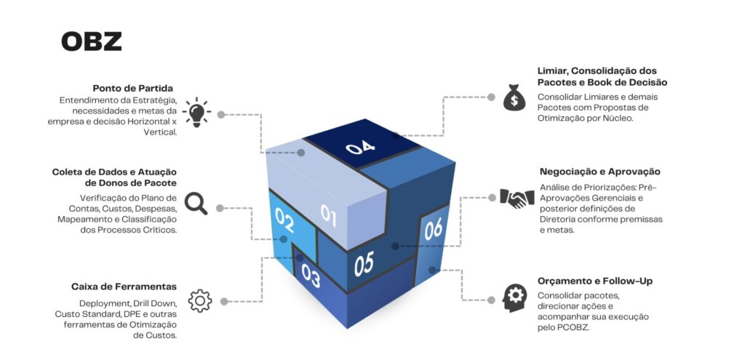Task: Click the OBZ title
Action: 91,41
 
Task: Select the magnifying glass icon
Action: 196,204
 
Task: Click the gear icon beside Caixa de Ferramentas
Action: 199,300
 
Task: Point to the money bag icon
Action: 514,97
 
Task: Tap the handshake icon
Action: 517,198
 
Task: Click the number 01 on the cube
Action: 330,215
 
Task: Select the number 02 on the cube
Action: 284,219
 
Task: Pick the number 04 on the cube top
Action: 360,148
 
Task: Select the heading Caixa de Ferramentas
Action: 124,287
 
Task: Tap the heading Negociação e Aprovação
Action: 599,172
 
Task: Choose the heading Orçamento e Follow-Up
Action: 594,281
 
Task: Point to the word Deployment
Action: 105,302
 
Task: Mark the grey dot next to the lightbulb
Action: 221,114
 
